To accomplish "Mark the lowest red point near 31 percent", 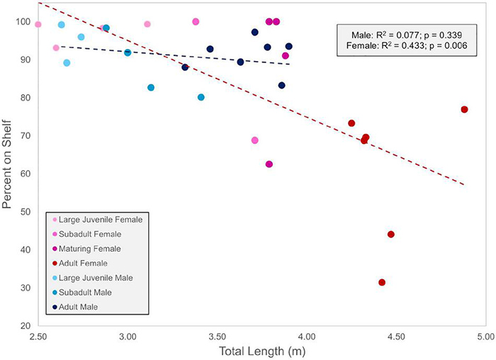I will [382, 282].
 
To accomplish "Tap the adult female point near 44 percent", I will [390, 235].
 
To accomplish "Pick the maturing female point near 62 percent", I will [269, 164].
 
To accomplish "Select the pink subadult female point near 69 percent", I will [254, 140].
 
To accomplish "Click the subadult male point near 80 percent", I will [201, 97].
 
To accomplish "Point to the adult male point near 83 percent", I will [281, 86].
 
